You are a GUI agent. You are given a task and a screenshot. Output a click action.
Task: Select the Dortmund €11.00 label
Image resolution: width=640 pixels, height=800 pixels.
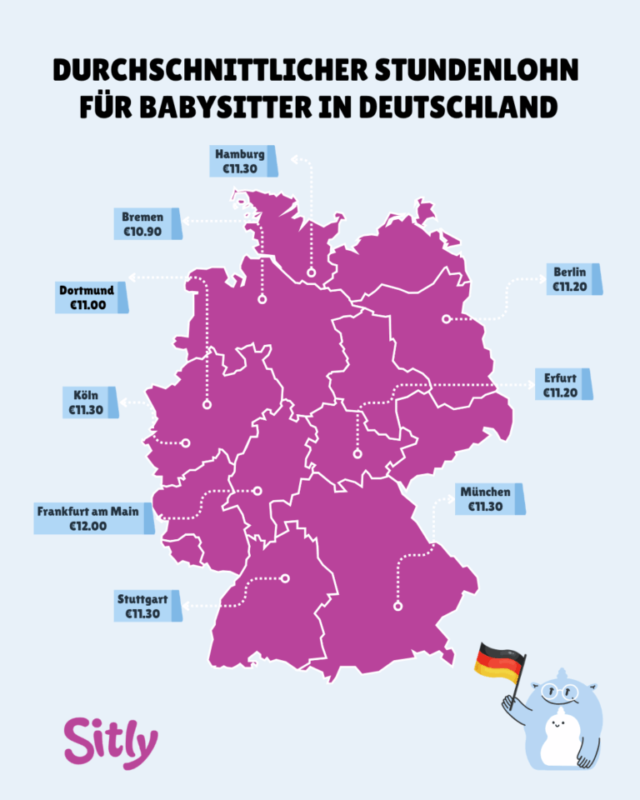(88, 297)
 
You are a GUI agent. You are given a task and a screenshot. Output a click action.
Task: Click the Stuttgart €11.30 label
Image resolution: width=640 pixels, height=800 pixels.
(144, 606)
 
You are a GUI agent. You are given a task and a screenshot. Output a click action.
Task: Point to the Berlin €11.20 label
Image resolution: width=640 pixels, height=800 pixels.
(572, 279)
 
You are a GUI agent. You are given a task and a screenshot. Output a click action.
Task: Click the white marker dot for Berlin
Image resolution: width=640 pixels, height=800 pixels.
(447, 318)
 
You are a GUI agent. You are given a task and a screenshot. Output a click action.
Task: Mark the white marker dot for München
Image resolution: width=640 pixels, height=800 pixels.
(397, 607)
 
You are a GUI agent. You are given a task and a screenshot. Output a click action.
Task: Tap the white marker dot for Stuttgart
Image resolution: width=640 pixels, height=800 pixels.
(285, 577)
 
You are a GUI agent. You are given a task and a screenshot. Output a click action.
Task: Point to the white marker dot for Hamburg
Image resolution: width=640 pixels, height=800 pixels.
(311, 272)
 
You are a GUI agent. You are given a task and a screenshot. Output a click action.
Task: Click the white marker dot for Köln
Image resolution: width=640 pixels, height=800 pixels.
(186, 443)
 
